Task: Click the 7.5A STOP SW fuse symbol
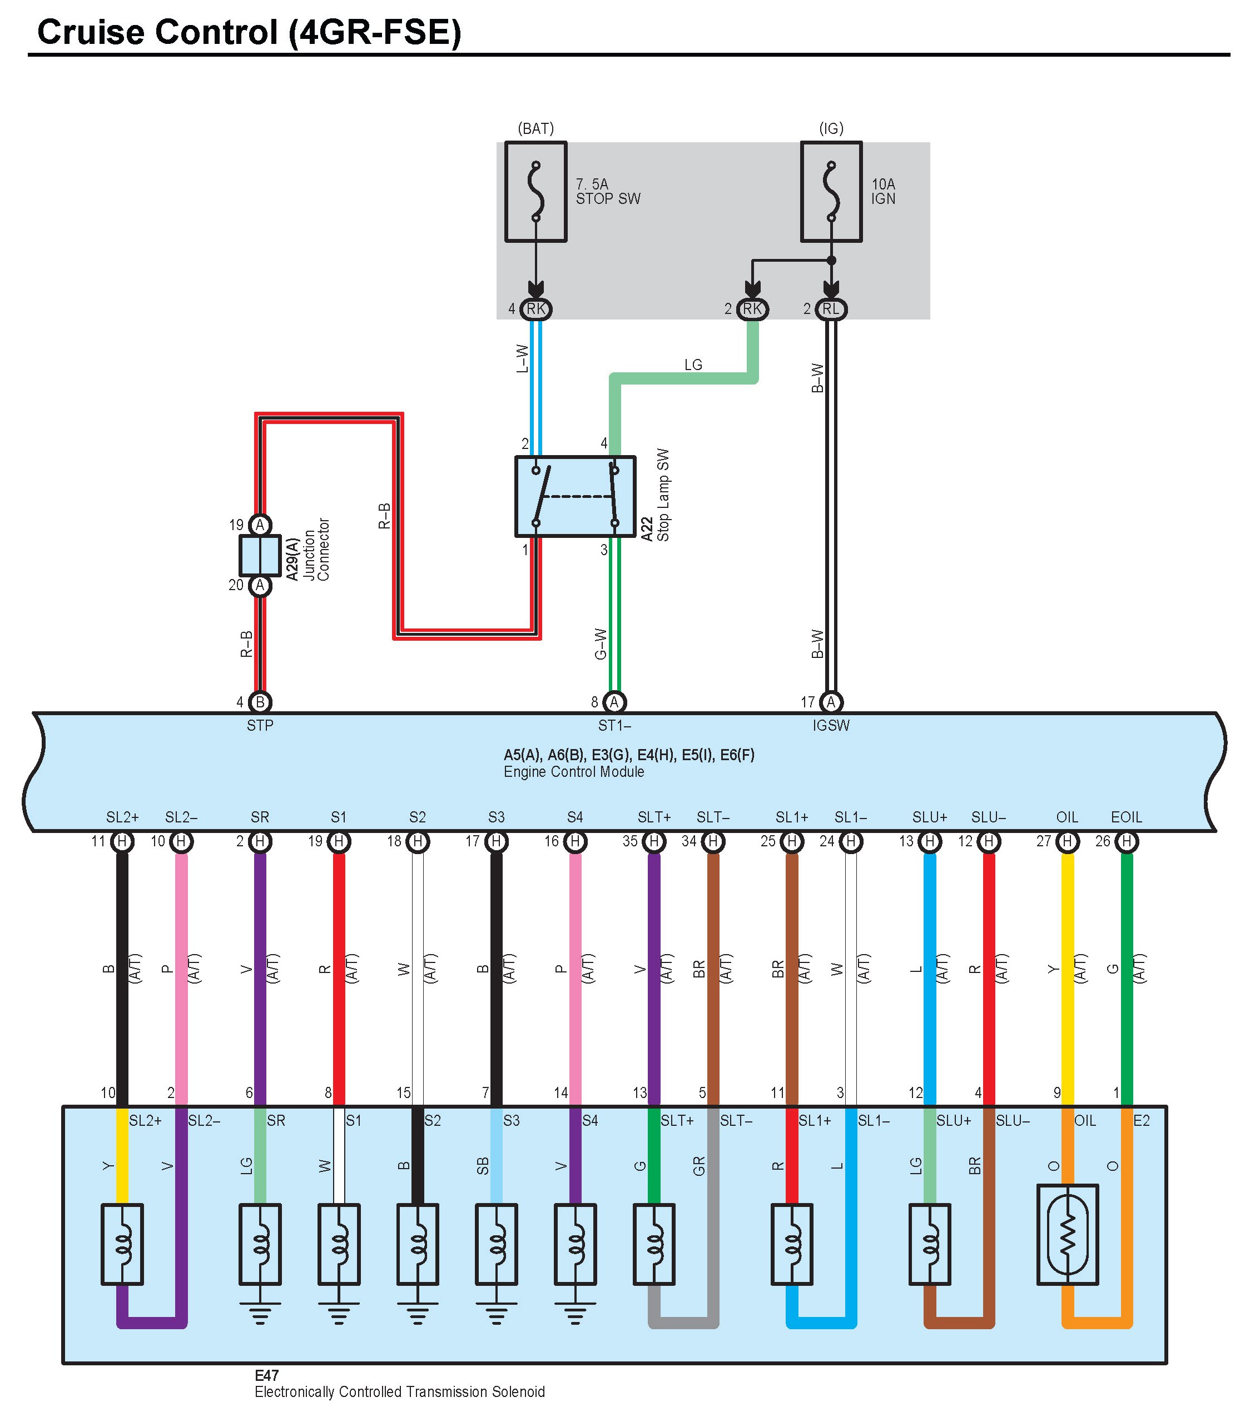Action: (x=535, y=192)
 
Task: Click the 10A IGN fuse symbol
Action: (x=832, y=192)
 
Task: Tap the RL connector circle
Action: (x=832, y=309)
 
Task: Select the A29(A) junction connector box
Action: (x=260, y=556)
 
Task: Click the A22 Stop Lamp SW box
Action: (x=576, y=496)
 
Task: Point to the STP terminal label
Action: (x=260, y=726)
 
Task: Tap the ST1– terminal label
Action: (x=614, y=726)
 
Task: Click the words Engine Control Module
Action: (x=574, y=772)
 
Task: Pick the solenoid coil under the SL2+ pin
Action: (x=122, y=1244)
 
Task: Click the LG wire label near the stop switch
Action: (x=693, y=365)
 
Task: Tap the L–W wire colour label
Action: (x=523, y=359)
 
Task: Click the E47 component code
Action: (x=267, y=1376)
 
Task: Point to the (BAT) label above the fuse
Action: (x=535, y=128)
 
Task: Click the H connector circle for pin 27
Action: (x=1067, y=842)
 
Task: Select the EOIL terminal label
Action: (x=1126, y=817)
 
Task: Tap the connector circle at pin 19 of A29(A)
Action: (x=260, y=525)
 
